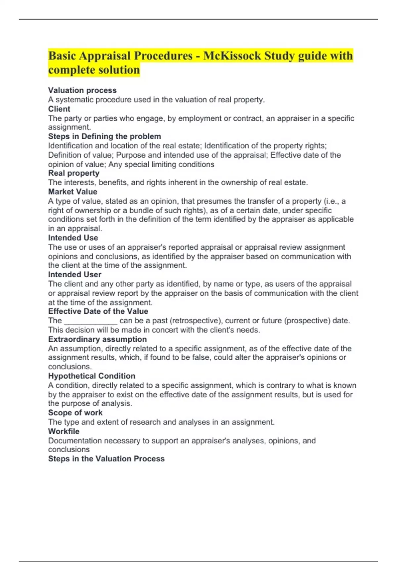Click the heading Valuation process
click(x=82, y=90)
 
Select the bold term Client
click(x=59, y=109)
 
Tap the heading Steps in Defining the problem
click(x=105, y=137)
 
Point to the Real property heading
click(x=74, y=173)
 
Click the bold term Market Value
click(x=73, y=192)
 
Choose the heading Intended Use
click(x=73, y=238)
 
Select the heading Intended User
click(x=75, y=274)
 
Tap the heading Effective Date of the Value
click(x=98, y=311)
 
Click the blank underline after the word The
click(x=90, y=321)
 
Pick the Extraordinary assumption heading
click(x=98, y=339)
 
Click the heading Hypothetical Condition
click(x=92, y=376)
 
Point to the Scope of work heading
click(x=75, y=413)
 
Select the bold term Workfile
click(x=64, y=431)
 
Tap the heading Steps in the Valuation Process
click(x=106, y=459)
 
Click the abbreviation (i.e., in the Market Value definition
click(x=331, y=201)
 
